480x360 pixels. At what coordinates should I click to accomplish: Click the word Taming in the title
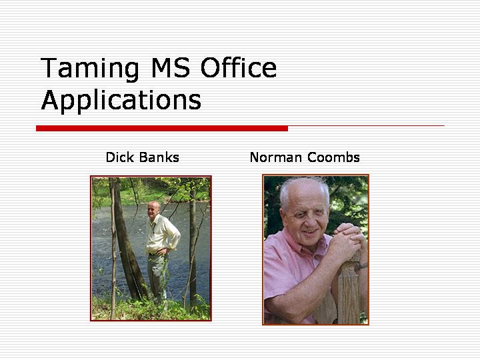(x=89, y=69)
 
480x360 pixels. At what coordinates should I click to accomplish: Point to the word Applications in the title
(x=121, y=101)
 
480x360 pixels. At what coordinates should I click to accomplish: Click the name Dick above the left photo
(x=120, y=157)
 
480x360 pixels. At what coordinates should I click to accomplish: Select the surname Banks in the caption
(x=159, y=157)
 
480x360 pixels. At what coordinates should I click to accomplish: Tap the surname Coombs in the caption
(x=333, y=157)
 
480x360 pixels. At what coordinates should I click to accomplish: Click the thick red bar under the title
(x=162, y=128)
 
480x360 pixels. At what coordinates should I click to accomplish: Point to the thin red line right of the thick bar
(x=366, y=125)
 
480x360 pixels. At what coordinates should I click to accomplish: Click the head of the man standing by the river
(x=153, y=209)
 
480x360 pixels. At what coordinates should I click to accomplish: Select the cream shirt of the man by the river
(x=161, y=234)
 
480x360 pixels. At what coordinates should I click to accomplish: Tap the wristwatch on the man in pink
(x=363, y=266)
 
